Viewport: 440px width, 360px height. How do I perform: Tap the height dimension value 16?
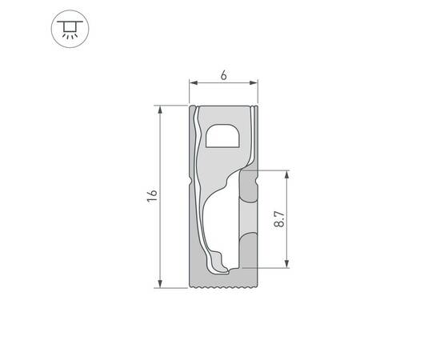point(152,195)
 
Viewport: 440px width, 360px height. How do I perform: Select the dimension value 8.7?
point(278,218)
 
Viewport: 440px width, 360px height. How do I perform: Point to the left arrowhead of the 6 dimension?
point(192,82)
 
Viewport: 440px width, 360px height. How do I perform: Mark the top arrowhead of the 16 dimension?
point(162,108)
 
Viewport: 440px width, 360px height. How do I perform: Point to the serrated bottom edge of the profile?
point(222,285)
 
